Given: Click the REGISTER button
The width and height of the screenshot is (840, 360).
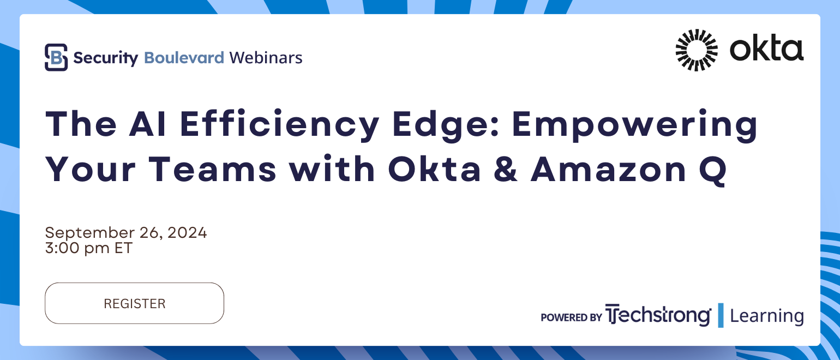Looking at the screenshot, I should click(134, 303).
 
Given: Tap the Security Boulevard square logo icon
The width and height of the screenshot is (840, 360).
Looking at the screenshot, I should click(56, 57).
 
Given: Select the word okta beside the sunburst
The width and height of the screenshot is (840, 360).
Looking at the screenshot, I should click(766, 49).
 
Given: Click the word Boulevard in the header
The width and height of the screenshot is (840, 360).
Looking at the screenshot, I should click(184, 57).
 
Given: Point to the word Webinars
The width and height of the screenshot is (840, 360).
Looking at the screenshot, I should click(266, 57).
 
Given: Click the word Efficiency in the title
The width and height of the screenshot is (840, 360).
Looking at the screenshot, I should click(279, 124).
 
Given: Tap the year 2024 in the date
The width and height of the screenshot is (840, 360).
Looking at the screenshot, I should click(187, 233).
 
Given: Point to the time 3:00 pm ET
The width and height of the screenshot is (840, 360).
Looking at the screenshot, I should click(88, 248).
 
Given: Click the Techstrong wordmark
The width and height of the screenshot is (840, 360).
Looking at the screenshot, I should click(658, 315).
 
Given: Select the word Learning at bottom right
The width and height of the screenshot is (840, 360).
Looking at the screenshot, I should click(766, 316).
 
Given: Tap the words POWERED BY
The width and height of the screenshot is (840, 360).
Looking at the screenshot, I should click(571, 317).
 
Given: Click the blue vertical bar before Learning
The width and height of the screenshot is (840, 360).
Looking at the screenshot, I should click(721, 315).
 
